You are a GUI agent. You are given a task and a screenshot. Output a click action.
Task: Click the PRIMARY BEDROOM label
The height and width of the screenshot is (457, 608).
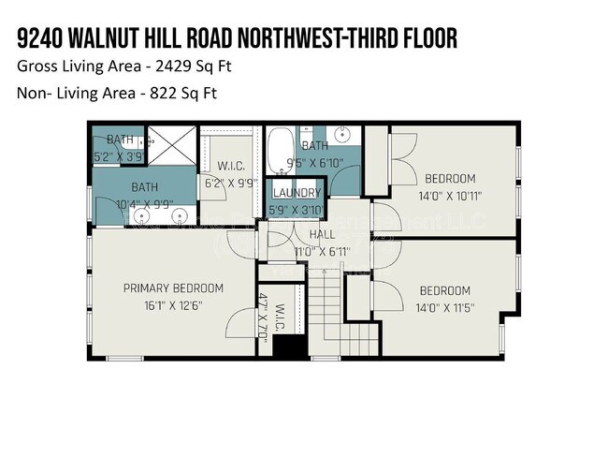[173, 287]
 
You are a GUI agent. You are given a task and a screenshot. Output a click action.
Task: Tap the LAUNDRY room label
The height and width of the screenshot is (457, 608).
[296, 193]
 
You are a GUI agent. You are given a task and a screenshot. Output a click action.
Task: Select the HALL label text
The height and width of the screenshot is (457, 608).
[322, 235]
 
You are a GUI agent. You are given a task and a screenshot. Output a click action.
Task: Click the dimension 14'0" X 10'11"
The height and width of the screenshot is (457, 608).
[450, 196]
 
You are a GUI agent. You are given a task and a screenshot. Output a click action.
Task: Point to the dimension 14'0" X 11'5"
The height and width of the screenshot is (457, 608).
[444, 307]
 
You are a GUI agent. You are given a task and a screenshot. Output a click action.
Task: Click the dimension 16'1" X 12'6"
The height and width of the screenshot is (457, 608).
[173, 304]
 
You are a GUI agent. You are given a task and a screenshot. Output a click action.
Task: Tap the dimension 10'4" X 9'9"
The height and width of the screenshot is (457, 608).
[144, 203]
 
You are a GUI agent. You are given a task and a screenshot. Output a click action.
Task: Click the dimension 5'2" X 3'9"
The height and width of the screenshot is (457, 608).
[119, 157]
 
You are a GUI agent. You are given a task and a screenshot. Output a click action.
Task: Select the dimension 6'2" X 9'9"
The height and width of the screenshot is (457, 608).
[230, 184]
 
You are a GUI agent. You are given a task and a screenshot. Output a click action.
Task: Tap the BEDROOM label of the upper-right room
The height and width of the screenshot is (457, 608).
[450, 179]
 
